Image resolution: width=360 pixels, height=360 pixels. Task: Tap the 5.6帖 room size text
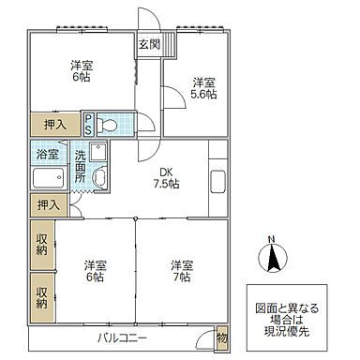(x=204, y=95)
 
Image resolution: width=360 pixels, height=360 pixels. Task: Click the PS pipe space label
(x=88, y=123)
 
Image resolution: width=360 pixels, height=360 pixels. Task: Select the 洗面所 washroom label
(x=82, y=165)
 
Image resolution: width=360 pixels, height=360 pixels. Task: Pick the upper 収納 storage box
(x=42, y=245)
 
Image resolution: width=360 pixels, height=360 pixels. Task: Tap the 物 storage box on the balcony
(x=221, y=337)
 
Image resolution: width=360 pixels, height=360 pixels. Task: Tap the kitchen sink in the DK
(x=217, y=183)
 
